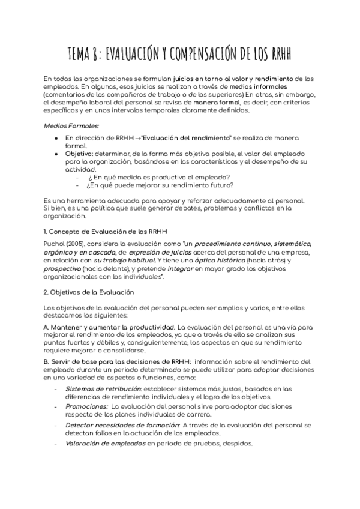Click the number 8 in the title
(95, 55)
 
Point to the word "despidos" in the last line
(237, 444)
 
